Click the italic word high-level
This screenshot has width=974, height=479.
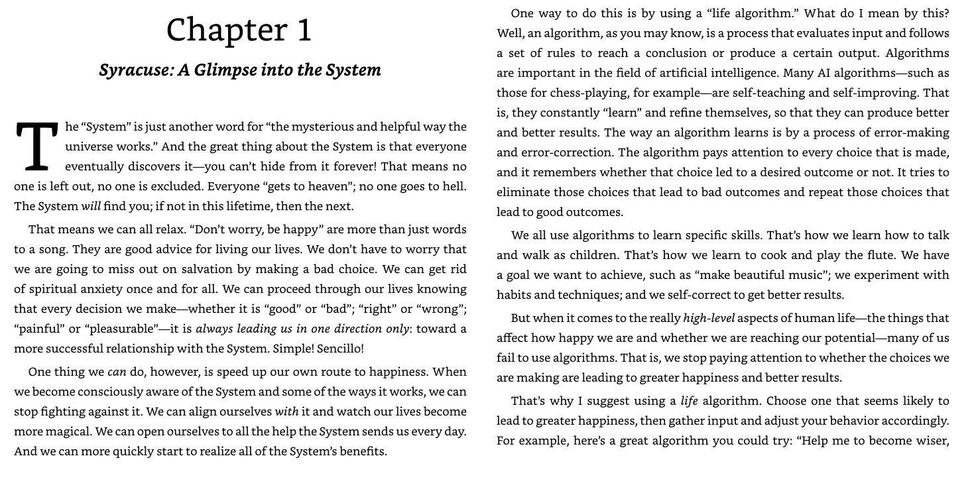[x=708, y=318]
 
